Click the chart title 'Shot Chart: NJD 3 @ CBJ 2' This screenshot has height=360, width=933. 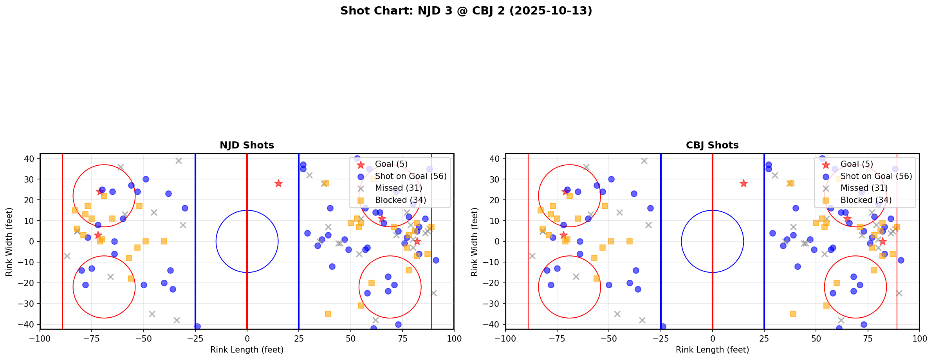pos(466,11)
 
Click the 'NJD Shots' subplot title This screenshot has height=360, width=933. pos(247,145)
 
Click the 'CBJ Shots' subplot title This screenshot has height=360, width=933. pos(712,145)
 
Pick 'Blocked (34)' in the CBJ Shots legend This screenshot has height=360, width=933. pos(866,200)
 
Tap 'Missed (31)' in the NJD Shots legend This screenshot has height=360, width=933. pos(398,188)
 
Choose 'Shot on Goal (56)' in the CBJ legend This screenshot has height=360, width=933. pos(876,176)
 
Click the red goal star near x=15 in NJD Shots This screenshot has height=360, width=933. pos(278,183)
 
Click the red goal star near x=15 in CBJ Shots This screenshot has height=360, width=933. pos(744,183)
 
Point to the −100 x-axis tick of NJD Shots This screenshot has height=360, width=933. pos(40,338)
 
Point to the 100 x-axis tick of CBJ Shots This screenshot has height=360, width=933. pos(919,338)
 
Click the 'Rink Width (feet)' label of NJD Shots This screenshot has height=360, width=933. pos(9,241)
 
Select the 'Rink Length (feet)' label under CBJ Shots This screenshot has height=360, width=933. pos(712,350)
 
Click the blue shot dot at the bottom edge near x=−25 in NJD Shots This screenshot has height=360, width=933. pos(197,326)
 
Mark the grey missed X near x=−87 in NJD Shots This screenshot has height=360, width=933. pos(67,256)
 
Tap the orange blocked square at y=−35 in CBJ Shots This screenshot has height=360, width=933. pos(793,314)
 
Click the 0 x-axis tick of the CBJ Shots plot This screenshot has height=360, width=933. pos(712,338)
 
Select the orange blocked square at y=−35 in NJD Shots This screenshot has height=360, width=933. pos(328,314)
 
